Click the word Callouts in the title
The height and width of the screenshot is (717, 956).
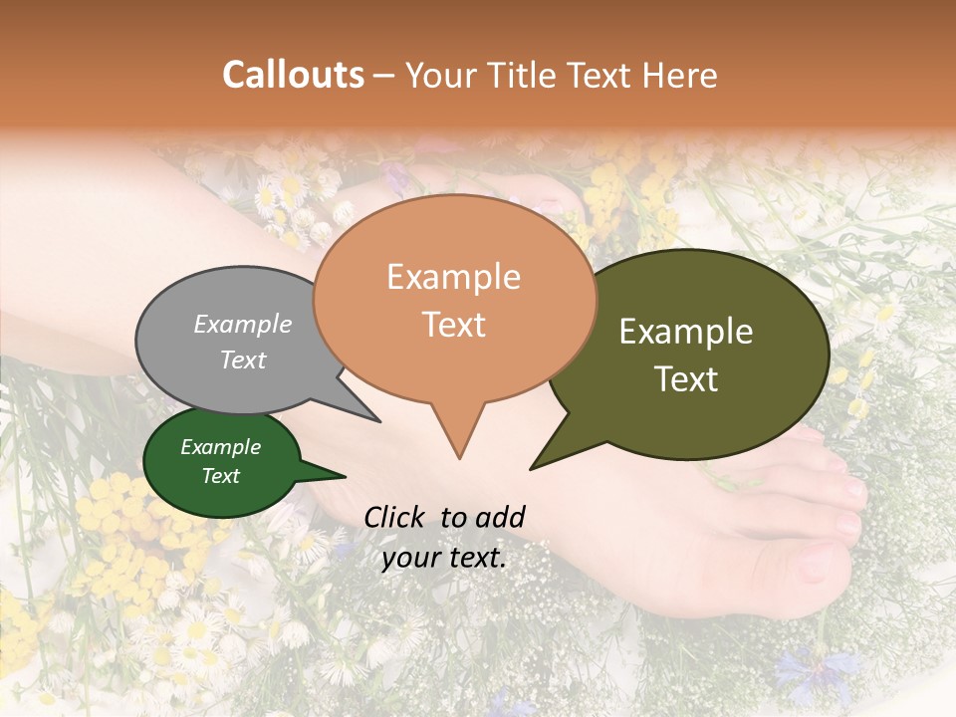293,75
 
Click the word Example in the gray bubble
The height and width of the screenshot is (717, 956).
242,324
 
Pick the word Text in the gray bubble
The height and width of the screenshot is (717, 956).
242,359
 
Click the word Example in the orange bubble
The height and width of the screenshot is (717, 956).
453,277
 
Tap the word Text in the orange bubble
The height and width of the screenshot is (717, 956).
453,325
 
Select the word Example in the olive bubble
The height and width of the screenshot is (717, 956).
686,332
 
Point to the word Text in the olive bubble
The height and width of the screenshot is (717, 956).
686,379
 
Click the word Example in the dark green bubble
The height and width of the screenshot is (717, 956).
220,447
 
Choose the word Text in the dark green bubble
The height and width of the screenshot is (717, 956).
220,476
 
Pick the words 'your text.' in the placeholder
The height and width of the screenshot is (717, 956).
444,558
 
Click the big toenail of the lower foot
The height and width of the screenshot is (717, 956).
817,564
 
